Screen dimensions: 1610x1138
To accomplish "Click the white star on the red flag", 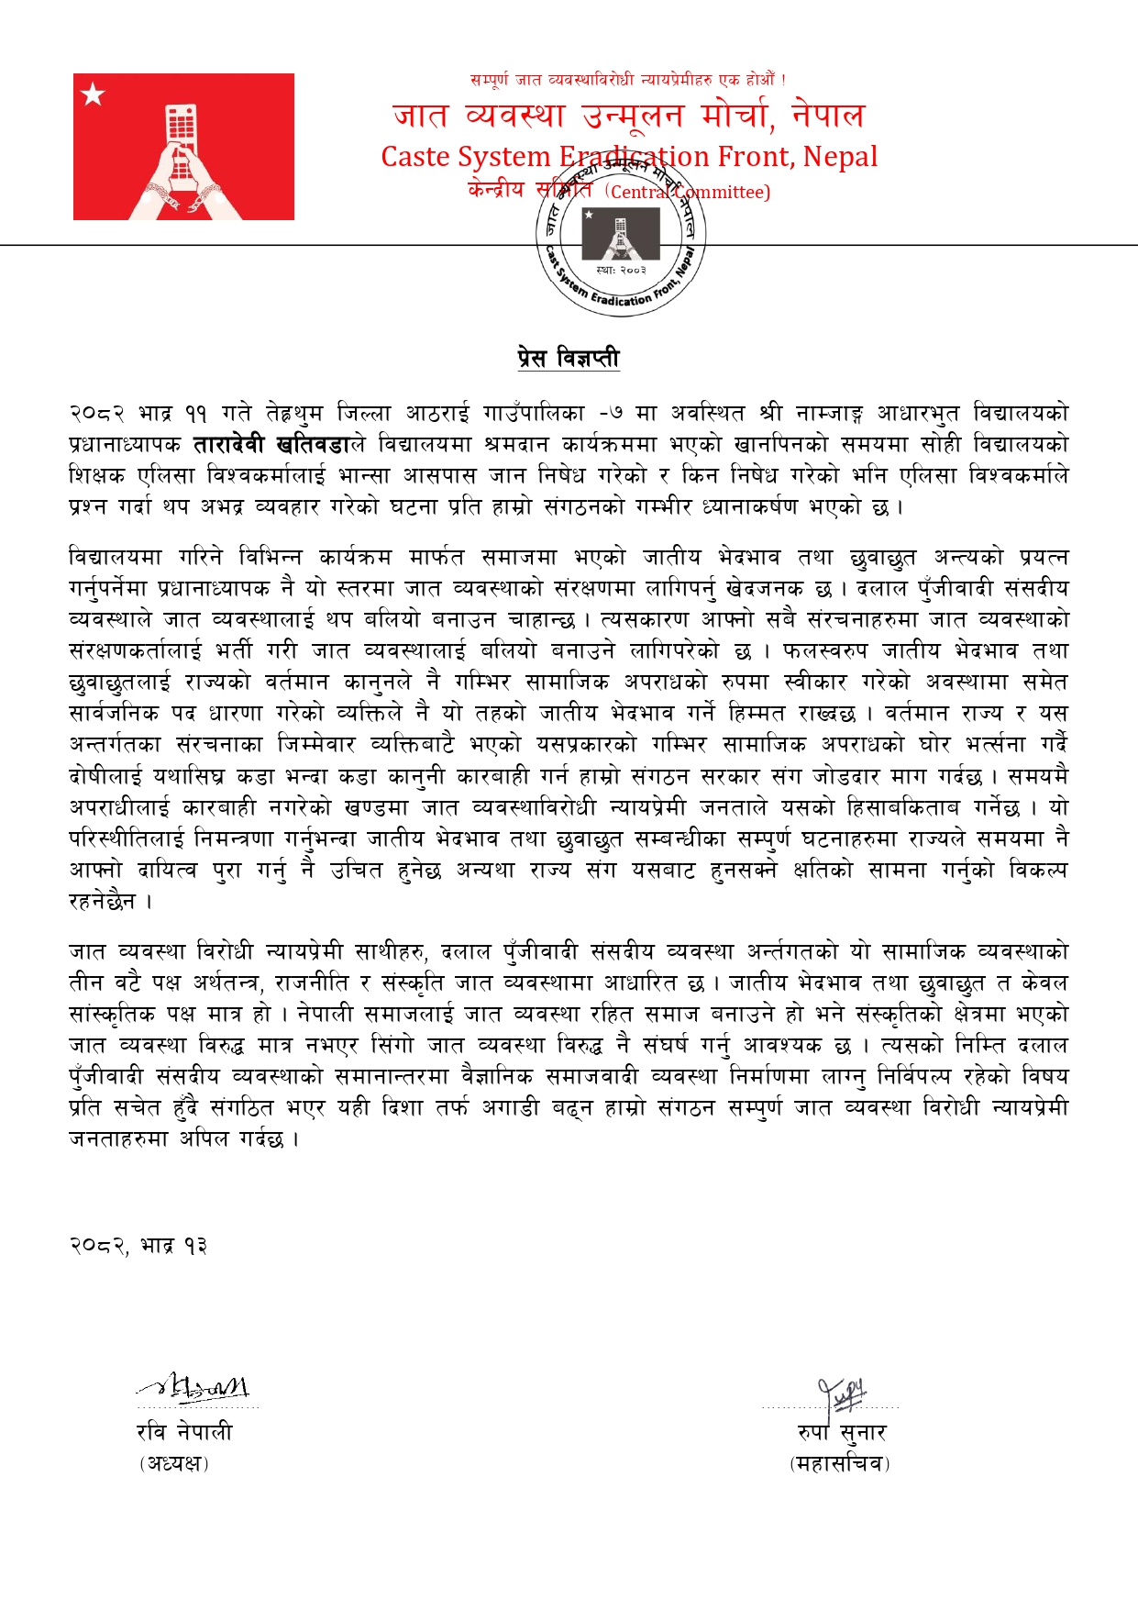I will (94, 94).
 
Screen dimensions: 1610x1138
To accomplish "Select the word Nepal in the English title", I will (840, 157).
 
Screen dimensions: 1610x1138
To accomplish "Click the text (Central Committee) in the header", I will (688, 192).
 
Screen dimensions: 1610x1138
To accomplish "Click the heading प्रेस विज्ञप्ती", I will (569, 358).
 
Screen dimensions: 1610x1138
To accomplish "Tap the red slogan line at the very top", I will (627, 80).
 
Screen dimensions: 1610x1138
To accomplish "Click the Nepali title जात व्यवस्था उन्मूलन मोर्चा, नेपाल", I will (628, 116).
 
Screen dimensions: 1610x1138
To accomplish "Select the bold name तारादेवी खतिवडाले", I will (280, 445).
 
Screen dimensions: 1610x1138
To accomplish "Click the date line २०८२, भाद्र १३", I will (138, 1245).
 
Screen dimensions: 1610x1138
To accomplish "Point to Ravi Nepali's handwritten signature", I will (195, 1389).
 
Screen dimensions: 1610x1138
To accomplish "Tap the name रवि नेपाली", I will (184, 1432).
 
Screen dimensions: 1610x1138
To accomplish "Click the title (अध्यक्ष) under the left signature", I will (174, 1463).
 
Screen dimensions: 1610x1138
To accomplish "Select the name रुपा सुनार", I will (842, 1432).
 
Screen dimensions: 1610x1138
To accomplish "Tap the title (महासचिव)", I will (840, 1463).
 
